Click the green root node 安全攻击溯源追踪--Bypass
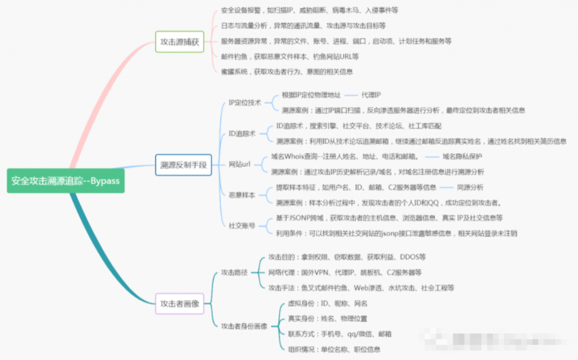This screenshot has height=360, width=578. (x=65, y=181)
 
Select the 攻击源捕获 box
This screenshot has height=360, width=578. (x=179, y=42)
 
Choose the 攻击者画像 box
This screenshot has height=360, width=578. (x=179, y=302)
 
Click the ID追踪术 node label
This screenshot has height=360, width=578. (x=242, y=134)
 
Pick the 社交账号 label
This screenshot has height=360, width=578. (x=242, y=226)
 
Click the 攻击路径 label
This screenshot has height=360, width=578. (x=234, y=273)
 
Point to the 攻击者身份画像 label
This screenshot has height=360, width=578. (x=244, y=326)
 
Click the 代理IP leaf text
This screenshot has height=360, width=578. (x=371, y=95)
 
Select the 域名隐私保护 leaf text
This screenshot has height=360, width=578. (x=462, y=156)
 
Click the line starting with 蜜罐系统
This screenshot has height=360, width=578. (x=287, y=72)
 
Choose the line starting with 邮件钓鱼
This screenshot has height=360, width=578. (x=290, y=56)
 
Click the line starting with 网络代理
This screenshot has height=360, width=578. (x=344, y=273)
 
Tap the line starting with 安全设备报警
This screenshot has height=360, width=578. (x=309, y=11)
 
